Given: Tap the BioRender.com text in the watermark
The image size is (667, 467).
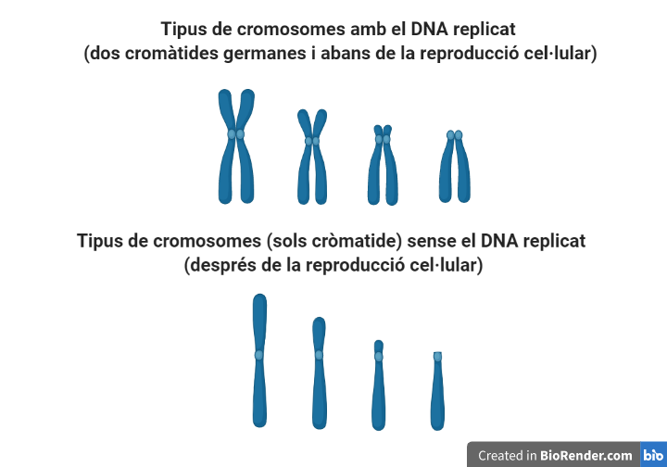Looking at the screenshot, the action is coord(587,455).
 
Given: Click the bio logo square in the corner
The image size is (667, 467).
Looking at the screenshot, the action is coord(653,455).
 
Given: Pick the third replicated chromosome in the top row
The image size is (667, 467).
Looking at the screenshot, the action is coord(383,165).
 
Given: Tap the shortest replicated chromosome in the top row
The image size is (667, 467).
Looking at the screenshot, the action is coord(454,167).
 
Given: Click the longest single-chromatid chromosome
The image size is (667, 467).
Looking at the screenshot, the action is coord(259,361).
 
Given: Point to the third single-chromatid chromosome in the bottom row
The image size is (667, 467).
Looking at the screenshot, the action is coord(378,385).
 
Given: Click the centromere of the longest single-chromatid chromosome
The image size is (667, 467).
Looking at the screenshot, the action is coord(259,355).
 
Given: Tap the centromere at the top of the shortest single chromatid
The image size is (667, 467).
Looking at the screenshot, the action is coord(437,357).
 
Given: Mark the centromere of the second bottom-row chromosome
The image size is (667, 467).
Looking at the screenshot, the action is coord(319,355).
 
